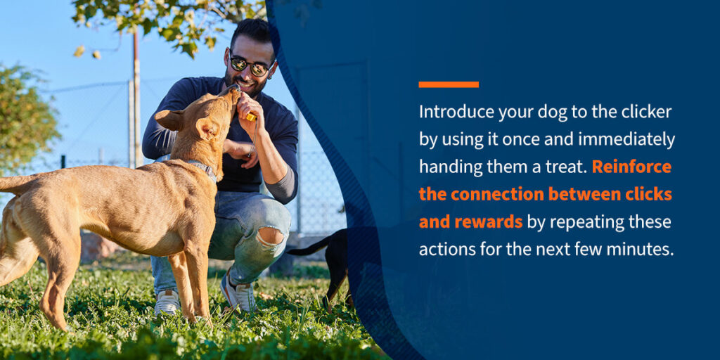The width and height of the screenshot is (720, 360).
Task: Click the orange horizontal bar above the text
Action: [x=449, y=84]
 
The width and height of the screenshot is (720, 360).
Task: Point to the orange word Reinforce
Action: [x=631, y=167]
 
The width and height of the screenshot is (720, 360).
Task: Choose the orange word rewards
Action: [x=487, y=221]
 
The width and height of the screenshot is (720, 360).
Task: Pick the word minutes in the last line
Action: [x=638, y=249]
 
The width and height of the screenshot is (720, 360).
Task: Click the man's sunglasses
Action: [x=250, y=65]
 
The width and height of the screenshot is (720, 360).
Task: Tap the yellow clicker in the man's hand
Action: [x=250, y=115]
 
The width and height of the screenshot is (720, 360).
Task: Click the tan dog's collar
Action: [x=204, y=169]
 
